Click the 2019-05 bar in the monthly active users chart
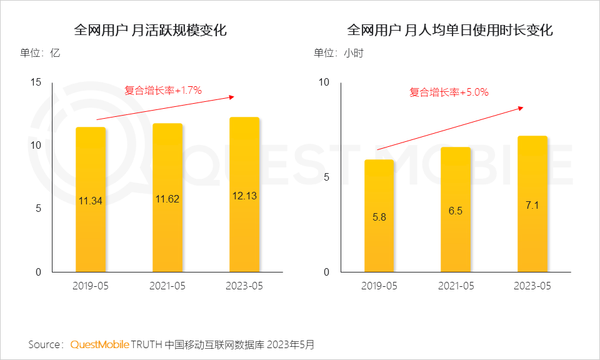pos(91,200)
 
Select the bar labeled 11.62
pos(167,198)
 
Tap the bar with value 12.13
pos(244,195)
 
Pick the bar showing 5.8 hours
pos(379,216)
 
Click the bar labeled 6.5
pos(456,210)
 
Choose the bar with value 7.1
pos(532,204)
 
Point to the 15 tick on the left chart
pos(36,82)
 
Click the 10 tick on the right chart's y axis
pos(324,82)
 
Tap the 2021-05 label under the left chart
pos(167,286)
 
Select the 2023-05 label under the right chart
pos(532,286)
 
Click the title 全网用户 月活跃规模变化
pos(150,30)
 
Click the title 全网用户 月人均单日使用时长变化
pos(450,30)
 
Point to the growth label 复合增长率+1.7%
pos(163,91)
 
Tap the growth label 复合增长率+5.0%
pos(449,92)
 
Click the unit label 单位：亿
pos(40,53)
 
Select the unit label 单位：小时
pos(338,53)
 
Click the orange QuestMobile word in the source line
pos(99,344)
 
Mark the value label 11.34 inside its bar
pos(91,201)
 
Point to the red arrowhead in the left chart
pos(232,97)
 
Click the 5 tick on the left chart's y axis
pos(39,209)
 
